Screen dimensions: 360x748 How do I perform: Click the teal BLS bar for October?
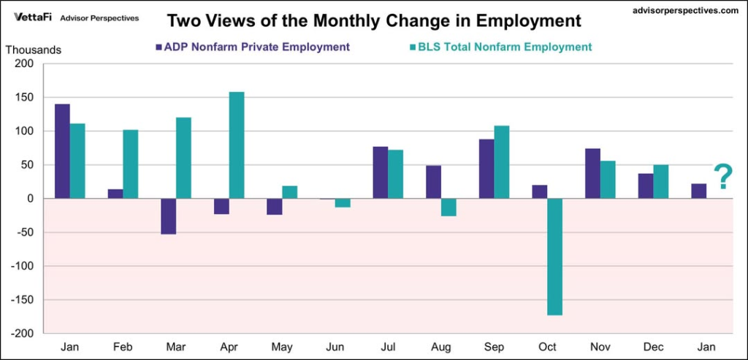coord(554,256)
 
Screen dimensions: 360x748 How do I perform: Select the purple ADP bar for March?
coord(169,216)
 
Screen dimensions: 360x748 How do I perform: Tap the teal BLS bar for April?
coord(236,145)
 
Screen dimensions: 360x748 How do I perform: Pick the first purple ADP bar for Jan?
coord(62,151)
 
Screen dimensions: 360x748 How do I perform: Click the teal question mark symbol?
coord(722,177)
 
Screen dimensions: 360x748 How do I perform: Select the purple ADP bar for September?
coord(486,169)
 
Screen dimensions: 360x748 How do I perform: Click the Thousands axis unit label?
coord(34,50)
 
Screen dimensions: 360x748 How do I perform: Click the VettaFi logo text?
coord(32,17)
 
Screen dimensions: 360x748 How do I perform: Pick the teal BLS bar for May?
coord(289,192)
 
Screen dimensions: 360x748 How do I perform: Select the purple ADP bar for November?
coord(592,174)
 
